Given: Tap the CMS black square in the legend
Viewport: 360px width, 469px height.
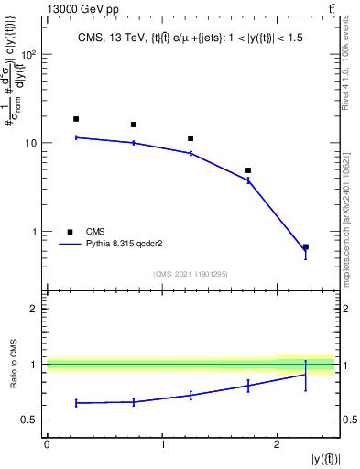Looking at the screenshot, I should click(70, 232).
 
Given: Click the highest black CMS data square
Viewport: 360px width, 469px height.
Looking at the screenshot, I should click(76, 119).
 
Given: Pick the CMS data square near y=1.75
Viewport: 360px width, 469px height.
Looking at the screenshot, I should click(248, 170).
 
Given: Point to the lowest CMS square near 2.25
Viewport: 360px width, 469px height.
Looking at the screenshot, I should click(306, 247).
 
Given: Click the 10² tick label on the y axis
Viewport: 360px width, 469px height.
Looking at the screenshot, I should click(28, 55).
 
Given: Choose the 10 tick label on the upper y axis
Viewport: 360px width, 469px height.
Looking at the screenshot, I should click(30, 144).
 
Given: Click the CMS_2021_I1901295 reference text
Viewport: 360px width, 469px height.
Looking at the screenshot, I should click(190, 273).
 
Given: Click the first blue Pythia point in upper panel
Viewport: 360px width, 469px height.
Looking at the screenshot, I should click(76, 137).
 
